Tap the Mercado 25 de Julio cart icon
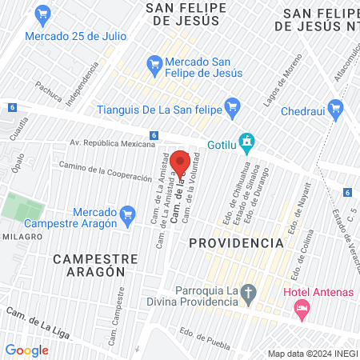click(43, 14)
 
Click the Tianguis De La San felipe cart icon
click(233, 105)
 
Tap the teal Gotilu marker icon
click(247, 140)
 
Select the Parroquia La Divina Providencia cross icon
click(248, 293)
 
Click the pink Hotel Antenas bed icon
click(302, 308)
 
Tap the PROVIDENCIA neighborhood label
click(236, 242)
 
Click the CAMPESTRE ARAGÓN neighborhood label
click(90, 265)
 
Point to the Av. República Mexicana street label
click(111, 143)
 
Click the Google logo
click(26, 350)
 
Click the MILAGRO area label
click(22, 237)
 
